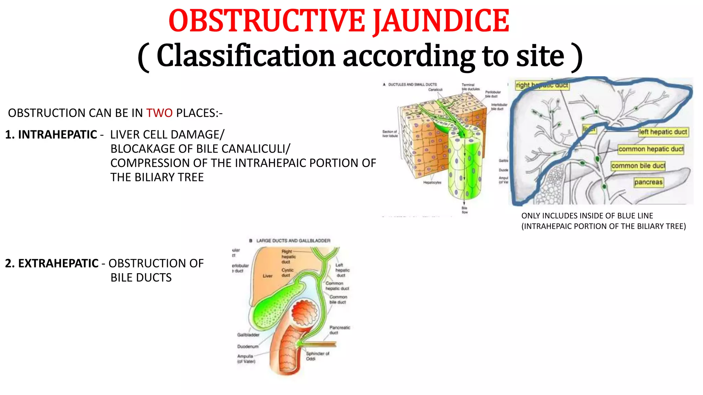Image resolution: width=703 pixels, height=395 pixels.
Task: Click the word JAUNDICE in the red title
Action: tap(441, 21)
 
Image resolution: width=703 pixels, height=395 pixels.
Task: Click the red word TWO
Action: tap(159, 113)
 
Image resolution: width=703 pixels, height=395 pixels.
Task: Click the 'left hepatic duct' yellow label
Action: tap(663, 132)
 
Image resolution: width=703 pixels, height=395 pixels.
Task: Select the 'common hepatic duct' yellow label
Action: tap(651, 149)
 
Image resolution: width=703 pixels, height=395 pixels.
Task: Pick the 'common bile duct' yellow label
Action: tap(638, 166)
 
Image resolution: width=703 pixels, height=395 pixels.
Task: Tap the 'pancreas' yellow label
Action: tap(648, 182)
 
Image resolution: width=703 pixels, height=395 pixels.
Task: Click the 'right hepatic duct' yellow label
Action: tap(542, 85)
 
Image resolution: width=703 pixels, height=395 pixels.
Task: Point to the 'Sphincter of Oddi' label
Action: tap(317, 356)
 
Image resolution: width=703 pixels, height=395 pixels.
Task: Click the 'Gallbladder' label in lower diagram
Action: tap(248, 335)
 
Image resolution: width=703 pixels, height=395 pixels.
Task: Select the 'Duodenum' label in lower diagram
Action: tap(247, 347)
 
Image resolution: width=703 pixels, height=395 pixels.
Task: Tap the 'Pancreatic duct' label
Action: tap(339, 330)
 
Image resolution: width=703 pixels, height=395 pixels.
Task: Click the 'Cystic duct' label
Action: tap(287, 273)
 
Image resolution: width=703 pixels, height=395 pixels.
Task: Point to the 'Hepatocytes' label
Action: tap(432, 182)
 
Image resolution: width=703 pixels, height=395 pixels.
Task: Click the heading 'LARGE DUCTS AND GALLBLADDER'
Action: tap(293, 241)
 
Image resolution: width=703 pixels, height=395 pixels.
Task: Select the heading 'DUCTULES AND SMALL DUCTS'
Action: tap(412, 84)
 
